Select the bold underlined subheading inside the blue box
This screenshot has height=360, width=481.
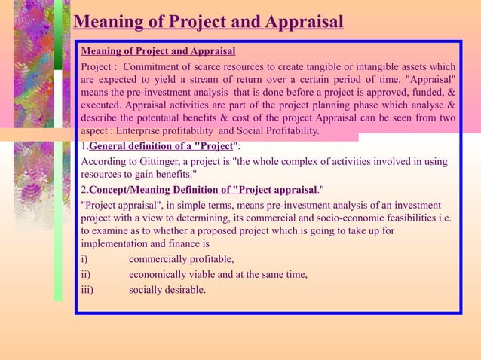point(158,51)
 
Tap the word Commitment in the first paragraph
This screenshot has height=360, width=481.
point(155,66)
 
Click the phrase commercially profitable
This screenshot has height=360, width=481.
point(181,259)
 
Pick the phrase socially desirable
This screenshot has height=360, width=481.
point(167,289)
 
